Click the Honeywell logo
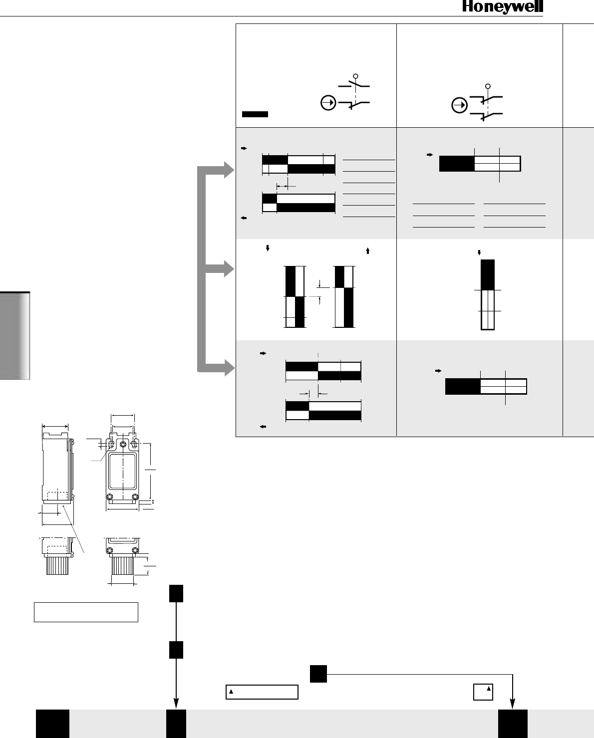click(x=502, y=7)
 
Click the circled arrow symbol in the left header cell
click(x=328, y=103)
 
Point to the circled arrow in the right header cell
click(x=459, y=106)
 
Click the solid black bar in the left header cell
click(x=255, y=114)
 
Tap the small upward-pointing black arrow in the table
click(x=368, y=251)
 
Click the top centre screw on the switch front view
click(x=122, y=444)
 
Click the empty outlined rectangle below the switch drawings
click(x=86, y=612)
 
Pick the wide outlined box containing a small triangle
click(x=262, y=692)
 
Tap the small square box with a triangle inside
click(x=483, y=692)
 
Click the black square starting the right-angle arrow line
click(x=318, y=674)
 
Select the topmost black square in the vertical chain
click(x=176, y=593)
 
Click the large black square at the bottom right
click(x=513, y=723)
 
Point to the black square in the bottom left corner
click(x=52, y=723)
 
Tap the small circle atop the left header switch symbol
click(x=355, y=76)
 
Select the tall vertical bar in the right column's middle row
click(x=488, y=294)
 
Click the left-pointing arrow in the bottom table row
click(x=262, y=427)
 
